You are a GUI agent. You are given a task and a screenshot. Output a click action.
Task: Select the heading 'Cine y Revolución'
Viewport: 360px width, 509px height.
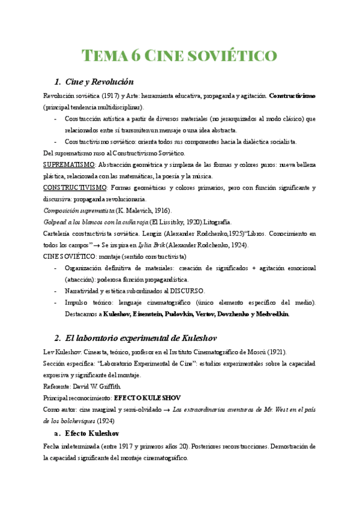coord(99,82)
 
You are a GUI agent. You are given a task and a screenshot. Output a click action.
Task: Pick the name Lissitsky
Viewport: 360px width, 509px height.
coord(173,221)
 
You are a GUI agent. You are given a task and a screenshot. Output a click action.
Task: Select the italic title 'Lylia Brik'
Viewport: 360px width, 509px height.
coord(172,244)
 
